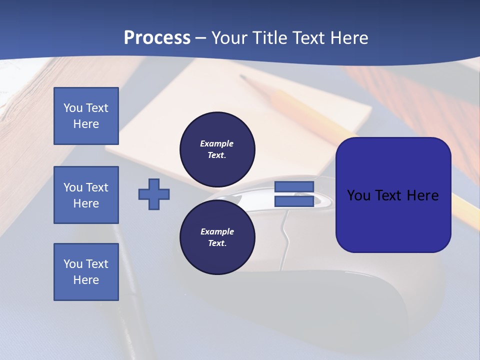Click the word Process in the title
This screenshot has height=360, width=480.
157,37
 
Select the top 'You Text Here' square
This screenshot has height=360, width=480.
86,116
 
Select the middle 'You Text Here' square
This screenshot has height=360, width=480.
86,195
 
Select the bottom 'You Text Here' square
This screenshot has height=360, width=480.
86,272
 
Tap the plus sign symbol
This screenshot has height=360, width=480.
154,194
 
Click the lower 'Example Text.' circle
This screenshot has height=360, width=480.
217,237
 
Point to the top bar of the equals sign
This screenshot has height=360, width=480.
294,186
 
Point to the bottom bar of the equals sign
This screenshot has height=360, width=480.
294,201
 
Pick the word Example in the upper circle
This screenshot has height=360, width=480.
217,143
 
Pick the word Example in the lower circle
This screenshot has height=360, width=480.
217,231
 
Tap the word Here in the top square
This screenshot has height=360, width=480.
86,124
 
